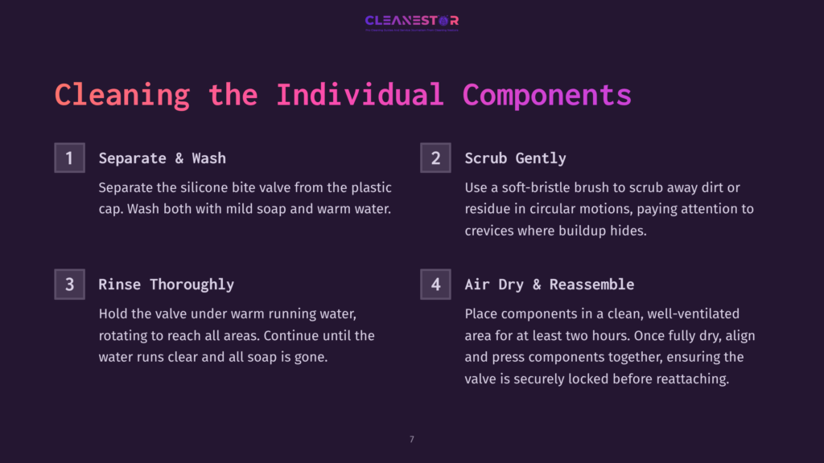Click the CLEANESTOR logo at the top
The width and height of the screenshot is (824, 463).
[411, 21]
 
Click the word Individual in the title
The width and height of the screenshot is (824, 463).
[360, 95]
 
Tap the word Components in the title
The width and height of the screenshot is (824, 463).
[546, 95]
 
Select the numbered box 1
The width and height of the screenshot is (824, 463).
[69, 158]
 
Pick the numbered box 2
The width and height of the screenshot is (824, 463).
[435, 158]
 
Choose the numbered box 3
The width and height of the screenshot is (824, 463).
[69, 285]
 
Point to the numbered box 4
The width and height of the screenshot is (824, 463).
[435, 285]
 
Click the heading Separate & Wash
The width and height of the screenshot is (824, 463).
[162, 158]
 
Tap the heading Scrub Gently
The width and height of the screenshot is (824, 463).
[515, 158]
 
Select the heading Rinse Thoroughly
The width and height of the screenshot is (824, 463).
[166, 285]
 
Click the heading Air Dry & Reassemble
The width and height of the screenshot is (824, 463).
[549, 285]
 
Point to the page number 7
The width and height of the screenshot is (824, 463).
[412, 439]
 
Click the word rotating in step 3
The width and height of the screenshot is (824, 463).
[126, 336]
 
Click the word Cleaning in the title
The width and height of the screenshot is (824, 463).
[122, 95]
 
